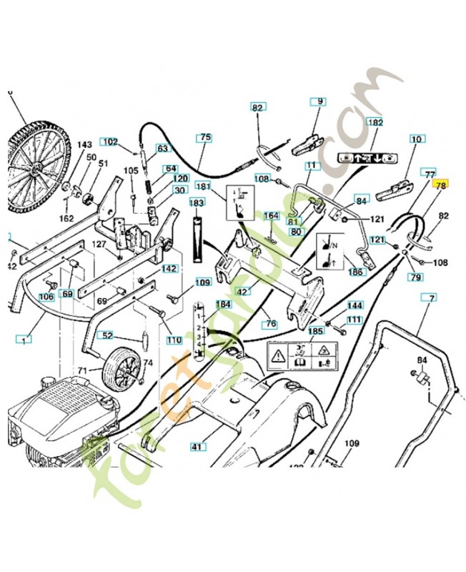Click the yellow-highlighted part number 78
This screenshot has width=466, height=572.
coord(440,184)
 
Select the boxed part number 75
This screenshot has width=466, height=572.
coord(205,137)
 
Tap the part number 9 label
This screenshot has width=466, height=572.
coord(318,102)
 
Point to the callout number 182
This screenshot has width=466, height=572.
coord(375,122)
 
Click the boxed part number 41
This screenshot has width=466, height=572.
coord(195,446)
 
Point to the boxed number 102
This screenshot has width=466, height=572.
coord(109,142)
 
